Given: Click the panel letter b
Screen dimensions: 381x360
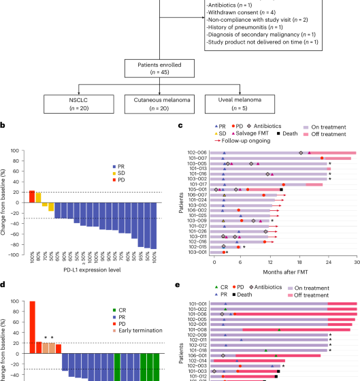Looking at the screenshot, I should coord(3,125).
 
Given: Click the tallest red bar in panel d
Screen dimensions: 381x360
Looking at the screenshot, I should coord(32,327).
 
